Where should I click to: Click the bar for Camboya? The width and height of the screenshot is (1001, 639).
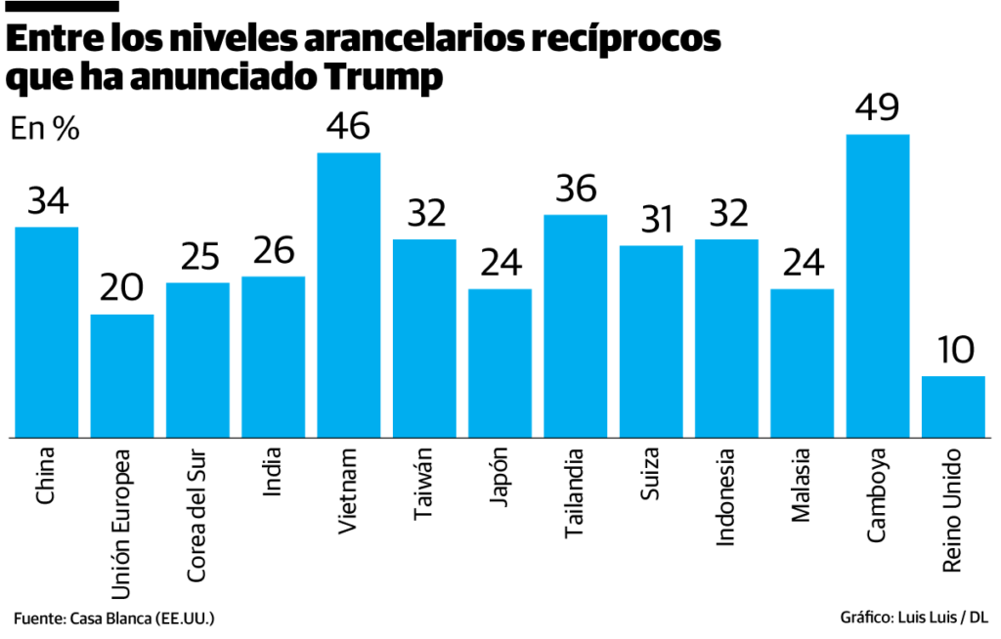pos(877,285)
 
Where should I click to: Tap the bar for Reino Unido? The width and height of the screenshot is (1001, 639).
pos(953,406)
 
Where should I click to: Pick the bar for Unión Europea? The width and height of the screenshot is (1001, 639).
pos(122,375)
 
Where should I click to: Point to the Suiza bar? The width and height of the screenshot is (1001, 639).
pos(651,341)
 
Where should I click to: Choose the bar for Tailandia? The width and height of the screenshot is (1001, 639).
pos(575,325)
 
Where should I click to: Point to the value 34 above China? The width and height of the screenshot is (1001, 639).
pos(47,201)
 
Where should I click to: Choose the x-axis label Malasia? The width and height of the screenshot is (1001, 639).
pos(802,485)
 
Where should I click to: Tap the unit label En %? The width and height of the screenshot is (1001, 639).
pos(45,128)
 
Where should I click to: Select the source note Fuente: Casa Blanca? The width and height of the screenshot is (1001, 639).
pos(113,618)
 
